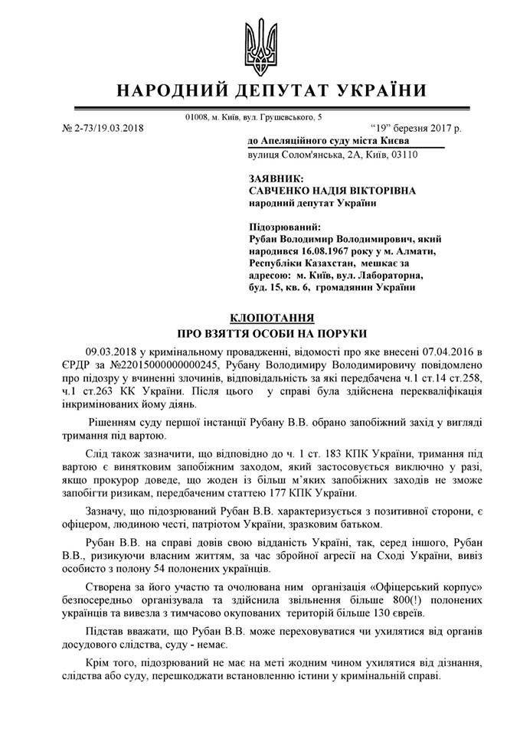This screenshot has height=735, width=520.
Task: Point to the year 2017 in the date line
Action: pos(437,128)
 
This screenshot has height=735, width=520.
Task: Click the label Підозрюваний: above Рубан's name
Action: pos(286,227)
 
